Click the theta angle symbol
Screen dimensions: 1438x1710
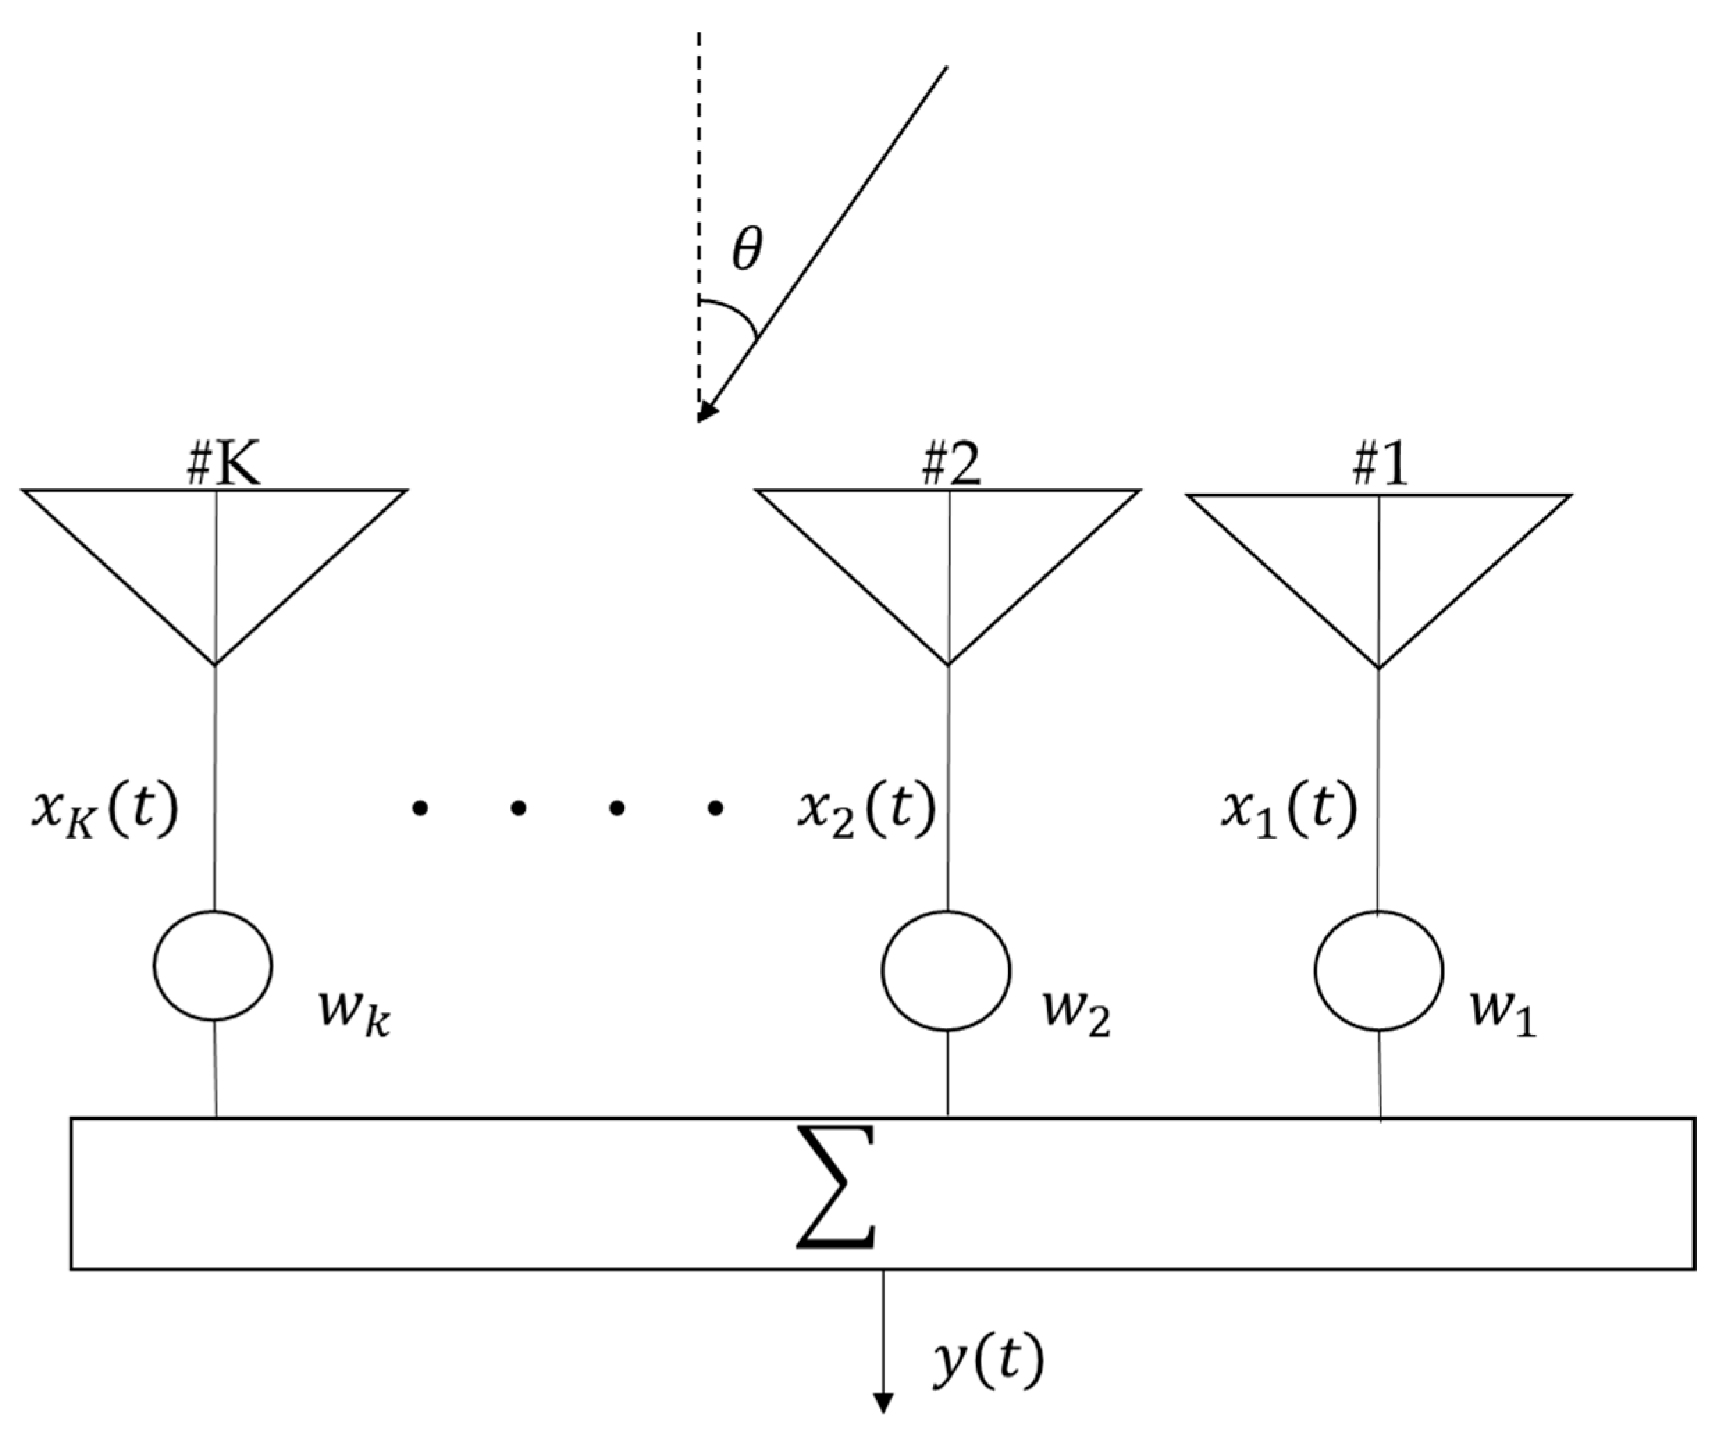pos(747,250)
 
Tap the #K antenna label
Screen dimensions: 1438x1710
pos(224,467)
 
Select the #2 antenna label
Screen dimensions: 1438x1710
pos(951,467)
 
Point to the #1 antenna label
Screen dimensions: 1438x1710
pos(1380,467)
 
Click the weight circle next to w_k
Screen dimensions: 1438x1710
pos(213,965)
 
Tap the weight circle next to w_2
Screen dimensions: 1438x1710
pos(946,970)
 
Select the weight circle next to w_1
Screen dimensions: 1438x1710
pos(1378,970)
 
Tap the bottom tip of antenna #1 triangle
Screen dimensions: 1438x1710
pos(1378,667)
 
